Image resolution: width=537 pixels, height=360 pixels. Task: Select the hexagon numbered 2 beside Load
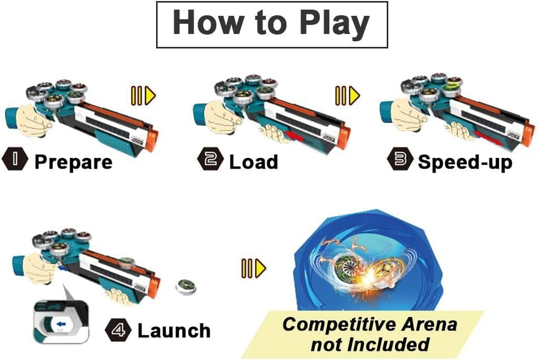210,161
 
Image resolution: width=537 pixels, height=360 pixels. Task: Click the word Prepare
73,162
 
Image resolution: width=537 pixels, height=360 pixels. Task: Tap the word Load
253,162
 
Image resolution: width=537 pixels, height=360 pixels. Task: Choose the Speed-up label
465,162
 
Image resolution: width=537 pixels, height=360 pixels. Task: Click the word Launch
174,331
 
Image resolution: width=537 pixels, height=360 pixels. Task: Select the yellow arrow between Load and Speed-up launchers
348,95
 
